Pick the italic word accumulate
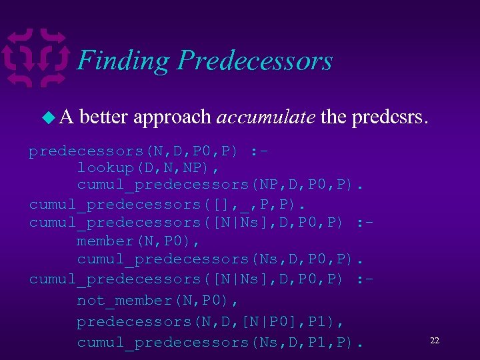tap(265, 117)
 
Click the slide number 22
tap(434, 341)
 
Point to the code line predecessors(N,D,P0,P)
tap(133, 152)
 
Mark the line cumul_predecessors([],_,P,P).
tap(156, 203)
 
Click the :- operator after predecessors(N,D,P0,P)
tap(261, 152)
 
